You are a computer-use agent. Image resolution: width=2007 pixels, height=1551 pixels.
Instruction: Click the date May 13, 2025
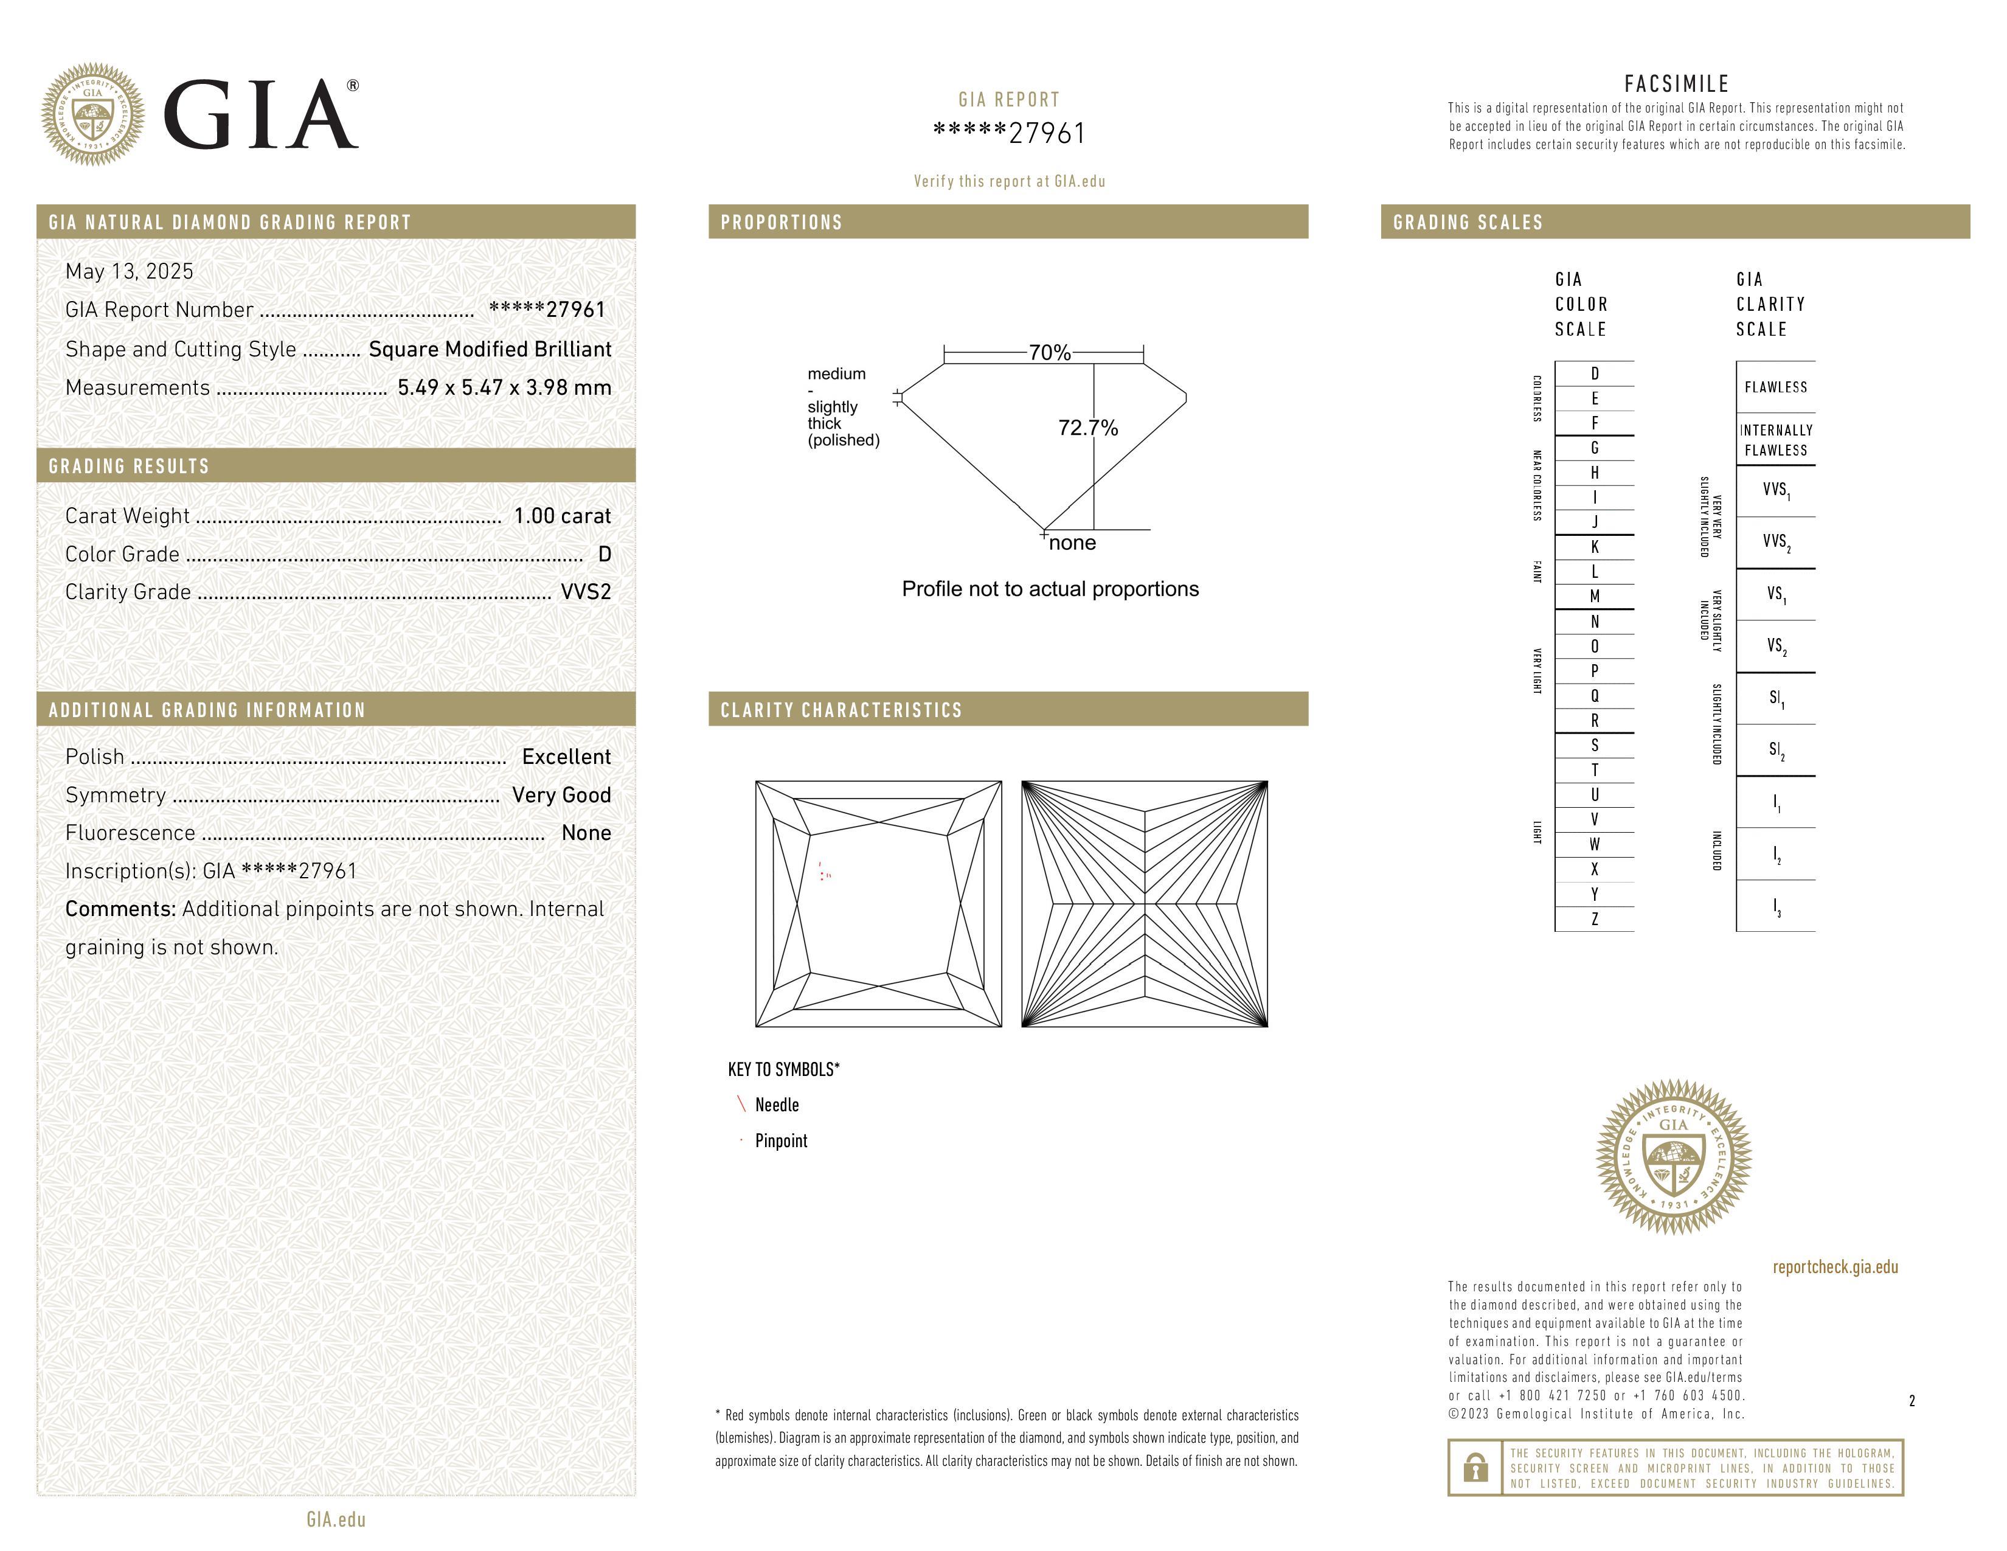(130, 271)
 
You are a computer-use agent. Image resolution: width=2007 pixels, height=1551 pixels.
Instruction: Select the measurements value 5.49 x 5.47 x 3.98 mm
(504, 388)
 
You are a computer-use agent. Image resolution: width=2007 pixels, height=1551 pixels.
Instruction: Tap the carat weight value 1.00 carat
(561, 515)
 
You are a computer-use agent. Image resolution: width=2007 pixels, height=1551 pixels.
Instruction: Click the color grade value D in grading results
(604, 554)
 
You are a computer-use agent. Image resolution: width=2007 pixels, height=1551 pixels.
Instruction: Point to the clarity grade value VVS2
(585, 592)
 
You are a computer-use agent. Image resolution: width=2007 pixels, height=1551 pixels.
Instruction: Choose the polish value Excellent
(566, 756)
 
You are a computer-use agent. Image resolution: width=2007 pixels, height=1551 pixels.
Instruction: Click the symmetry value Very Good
(561, 795)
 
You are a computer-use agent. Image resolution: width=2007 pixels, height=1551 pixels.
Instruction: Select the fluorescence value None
(585, 833)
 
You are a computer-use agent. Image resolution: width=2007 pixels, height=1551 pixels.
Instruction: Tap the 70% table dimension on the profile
(1050, 353)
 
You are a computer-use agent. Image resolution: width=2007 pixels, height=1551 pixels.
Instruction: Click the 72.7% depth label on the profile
(1088, 428)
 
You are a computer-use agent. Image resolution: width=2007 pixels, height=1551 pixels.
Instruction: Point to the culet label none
(1072, 543)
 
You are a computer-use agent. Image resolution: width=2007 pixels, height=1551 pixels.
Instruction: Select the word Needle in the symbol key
(777, 1105)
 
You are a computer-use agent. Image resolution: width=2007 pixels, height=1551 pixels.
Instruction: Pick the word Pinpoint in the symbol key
(781, 1140)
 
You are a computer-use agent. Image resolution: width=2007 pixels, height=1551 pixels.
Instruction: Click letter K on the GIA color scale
(1595, 547)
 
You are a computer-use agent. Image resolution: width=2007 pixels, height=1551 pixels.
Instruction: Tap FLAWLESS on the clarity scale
(1775, 387)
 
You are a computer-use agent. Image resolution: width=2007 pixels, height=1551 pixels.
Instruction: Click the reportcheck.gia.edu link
(1834, 1267)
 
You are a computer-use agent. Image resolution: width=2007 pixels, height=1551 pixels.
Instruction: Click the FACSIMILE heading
(1676, 83)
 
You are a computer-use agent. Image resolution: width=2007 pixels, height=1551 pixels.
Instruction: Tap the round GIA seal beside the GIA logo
(92, 115)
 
